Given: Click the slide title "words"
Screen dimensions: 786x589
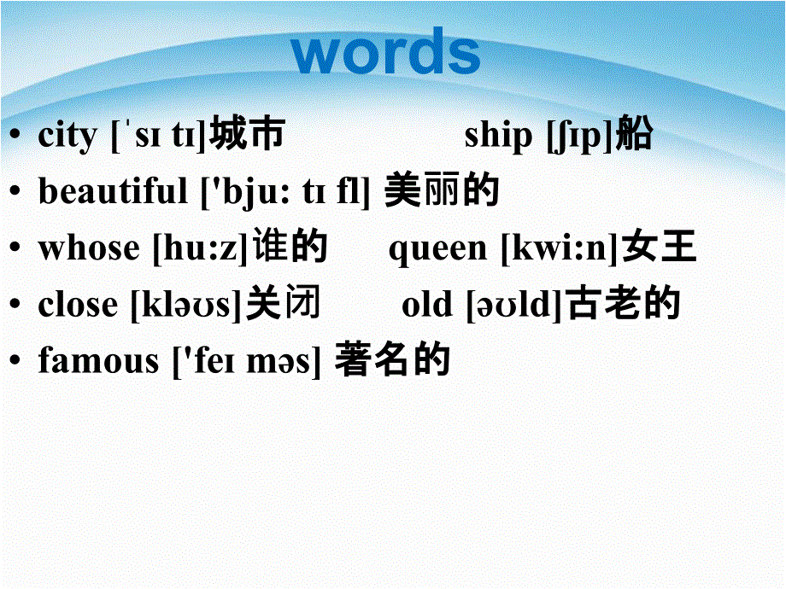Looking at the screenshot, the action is [x=385, y=51].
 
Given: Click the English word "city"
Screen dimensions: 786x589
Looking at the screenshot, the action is [x=67, y=135].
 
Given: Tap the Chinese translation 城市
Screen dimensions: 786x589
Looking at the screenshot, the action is [x=247, y=133].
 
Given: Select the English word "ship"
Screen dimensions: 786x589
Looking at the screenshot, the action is [x=498, y=135].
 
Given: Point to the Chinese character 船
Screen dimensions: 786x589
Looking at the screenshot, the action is [x=634, y=133].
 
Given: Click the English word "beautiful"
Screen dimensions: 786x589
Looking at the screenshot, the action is [x=113, y=191].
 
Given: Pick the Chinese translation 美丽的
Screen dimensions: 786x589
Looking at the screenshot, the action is [x=442, y=190].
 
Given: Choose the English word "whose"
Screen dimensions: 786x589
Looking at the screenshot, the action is [x=89, y=248].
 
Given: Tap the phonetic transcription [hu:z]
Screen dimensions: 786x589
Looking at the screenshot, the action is [x=201, y=248].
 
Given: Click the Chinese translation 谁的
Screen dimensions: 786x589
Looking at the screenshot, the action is [x=290, y=246].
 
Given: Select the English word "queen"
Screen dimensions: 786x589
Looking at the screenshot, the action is [x=437, y=249].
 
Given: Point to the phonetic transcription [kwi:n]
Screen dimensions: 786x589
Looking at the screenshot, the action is [x=560, y=248].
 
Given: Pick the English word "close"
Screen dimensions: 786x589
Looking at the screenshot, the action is [x=78, y=305].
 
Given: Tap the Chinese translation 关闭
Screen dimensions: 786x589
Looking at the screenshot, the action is [x=284, y=302].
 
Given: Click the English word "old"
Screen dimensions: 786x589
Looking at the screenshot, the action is [x=426, y=305].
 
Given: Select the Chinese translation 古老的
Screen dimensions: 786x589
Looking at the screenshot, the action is [x=623, y=302].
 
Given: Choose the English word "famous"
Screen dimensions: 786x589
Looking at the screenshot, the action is [x=98, y=360].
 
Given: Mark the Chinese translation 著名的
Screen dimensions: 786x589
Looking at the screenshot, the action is [x=392, y=359].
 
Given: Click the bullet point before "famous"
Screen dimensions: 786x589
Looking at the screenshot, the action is [x=15, y=359].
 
